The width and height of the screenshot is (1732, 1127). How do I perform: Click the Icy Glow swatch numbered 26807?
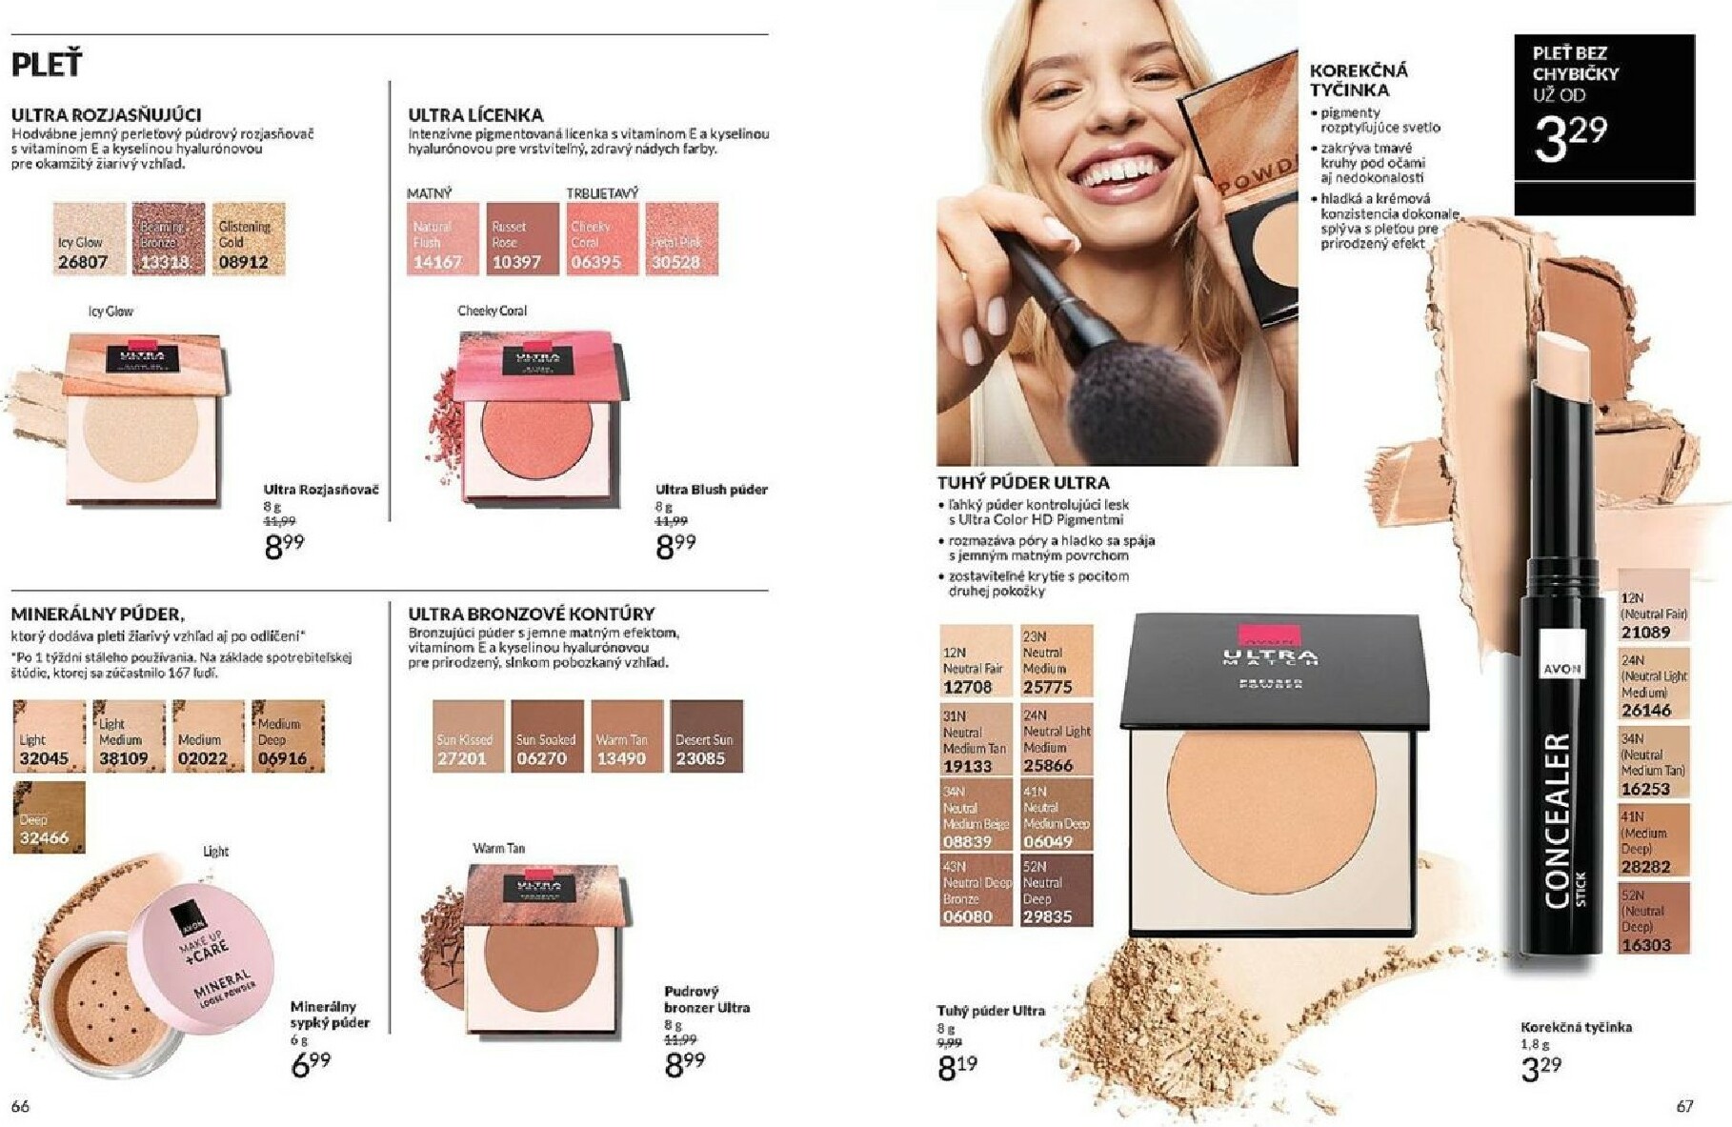(90, 239)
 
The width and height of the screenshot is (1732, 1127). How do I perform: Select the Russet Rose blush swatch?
(522, 238)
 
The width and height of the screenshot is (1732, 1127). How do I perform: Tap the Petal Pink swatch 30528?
(681, 238)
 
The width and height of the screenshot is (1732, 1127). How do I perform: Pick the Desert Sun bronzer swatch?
(706, 736)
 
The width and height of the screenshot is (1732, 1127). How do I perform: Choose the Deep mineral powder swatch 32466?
(49, 816)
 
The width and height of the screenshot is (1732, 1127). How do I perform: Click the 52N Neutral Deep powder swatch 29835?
(1057, 890)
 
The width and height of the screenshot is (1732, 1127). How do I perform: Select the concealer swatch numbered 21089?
(1653, 606)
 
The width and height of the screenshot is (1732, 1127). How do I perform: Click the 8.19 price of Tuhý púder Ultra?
(957, 1067)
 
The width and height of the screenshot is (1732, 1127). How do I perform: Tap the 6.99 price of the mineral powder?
(311, 1063)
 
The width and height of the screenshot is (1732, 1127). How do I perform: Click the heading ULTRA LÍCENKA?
(475, 114)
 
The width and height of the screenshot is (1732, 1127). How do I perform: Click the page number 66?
(20, 1105)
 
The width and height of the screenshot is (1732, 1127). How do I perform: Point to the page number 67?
(1684, 1105)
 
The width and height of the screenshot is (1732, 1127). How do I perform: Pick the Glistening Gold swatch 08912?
(248, 239)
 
